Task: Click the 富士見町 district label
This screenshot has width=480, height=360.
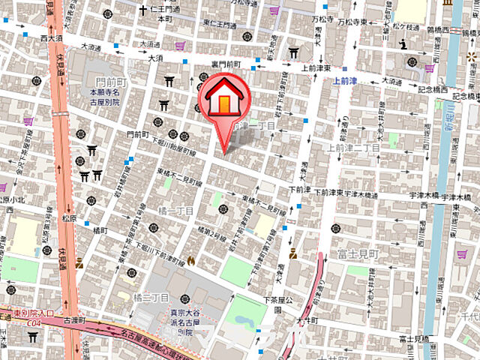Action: coord(357,255)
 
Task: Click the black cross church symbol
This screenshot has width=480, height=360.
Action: coord(142,10)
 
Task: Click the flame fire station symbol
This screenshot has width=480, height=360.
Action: coord(192,261)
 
